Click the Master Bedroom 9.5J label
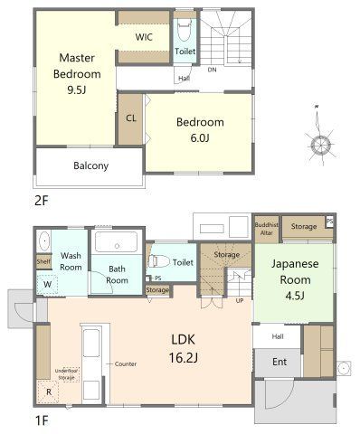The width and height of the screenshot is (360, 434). pos(77,74)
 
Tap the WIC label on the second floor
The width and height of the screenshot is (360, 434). pos(144,37)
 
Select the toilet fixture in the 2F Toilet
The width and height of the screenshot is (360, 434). pos(184,30)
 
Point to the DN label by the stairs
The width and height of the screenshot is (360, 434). pos(212,70)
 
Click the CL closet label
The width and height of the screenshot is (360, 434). pos(131,118)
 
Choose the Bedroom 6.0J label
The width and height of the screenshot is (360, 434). pos(200,130)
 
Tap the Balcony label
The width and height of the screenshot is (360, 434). pos(90,165)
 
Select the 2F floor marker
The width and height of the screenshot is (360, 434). pos(42,201)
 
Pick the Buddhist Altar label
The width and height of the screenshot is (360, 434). pos(267,229)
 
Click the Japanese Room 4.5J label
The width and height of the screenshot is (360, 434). pos(295,279)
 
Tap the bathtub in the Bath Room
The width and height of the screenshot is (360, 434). pos(117,241)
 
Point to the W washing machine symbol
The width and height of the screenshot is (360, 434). pos(47,284)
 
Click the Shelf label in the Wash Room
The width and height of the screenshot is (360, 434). pos(43,261)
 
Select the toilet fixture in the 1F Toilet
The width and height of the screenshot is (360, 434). pos(158,261)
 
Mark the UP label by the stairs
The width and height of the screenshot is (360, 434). pos(240,301)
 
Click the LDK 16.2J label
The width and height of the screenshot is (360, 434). pos(183,349)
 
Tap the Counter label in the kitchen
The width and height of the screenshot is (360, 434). pos(126,364)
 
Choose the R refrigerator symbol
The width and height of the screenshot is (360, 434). pos(48,392)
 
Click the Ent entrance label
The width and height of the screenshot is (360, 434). pos(279,362)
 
